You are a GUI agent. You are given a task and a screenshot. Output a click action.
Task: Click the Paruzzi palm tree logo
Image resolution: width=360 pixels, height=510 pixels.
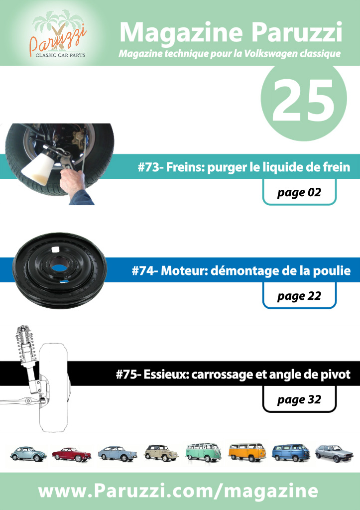tap(59, 34)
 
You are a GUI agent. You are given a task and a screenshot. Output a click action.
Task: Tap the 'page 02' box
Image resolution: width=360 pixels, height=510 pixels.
tap(299, 192)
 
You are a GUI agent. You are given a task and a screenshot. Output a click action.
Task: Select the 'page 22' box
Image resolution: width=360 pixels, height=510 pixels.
tap(299, 296)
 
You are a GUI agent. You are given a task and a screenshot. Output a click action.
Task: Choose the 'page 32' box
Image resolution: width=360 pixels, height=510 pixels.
tap(299, 399)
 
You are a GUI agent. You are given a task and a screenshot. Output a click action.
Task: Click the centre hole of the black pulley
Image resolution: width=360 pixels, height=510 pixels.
tap(60, 268)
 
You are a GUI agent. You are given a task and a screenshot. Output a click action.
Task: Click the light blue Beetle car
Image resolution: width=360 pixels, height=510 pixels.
tap(28, 453)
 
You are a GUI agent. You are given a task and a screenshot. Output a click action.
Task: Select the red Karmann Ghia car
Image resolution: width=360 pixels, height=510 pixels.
tap(72, 454)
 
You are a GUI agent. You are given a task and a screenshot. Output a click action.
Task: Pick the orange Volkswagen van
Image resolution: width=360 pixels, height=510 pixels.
tap(247, 452)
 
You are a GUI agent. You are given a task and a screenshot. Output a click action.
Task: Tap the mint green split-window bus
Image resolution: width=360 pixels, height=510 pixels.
tap(204, 452)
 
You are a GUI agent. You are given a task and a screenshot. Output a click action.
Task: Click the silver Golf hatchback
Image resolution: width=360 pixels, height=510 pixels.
tap(334, 453)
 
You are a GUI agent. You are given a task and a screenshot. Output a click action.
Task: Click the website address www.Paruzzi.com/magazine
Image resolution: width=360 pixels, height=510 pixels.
tap(178, 491)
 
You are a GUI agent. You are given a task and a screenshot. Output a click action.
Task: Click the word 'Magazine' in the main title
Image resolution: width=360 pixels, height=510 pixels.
tap(181, 33)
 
